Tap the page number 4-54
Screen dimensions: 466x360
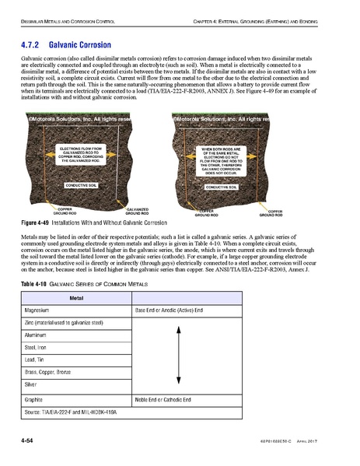coord(31,443)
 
